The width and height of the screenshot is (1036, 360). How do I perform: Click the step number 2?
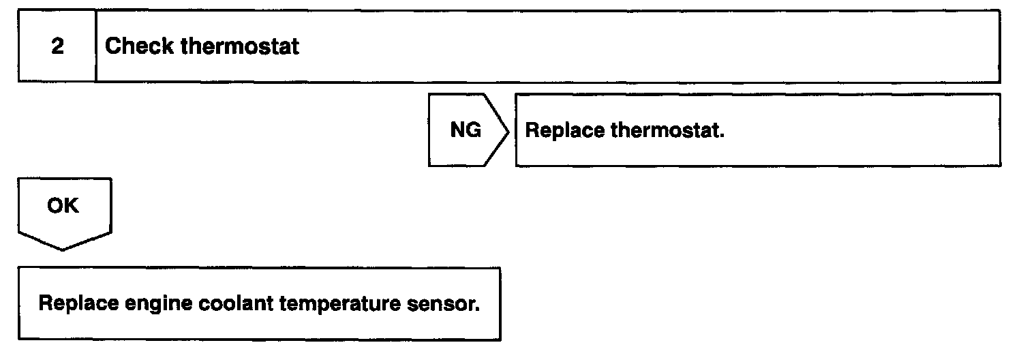58,47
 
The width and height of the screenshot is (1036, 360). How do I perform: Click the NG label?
466,130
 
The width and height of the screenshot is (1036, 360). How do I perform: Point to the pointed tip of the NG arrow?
508,130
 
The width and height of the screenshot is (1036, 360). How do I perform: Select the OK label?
63,205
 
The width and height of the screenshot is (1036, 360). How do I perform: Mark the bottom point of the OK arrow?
63,250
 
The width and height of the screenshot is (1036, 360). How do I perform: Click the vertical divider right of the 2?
95,46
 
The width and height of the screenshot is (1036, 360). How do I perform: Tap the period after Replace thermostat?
722,135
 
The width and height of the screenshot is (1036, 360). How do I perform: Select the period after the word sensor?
477,308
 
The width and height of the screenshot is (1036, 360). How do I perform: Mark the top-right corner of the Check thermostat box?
1000,11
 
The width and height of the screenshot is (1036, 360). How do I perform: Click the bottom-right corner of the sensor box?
500,339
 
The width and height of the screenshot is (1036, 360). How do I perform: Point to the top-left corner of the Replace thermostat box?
516,95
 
